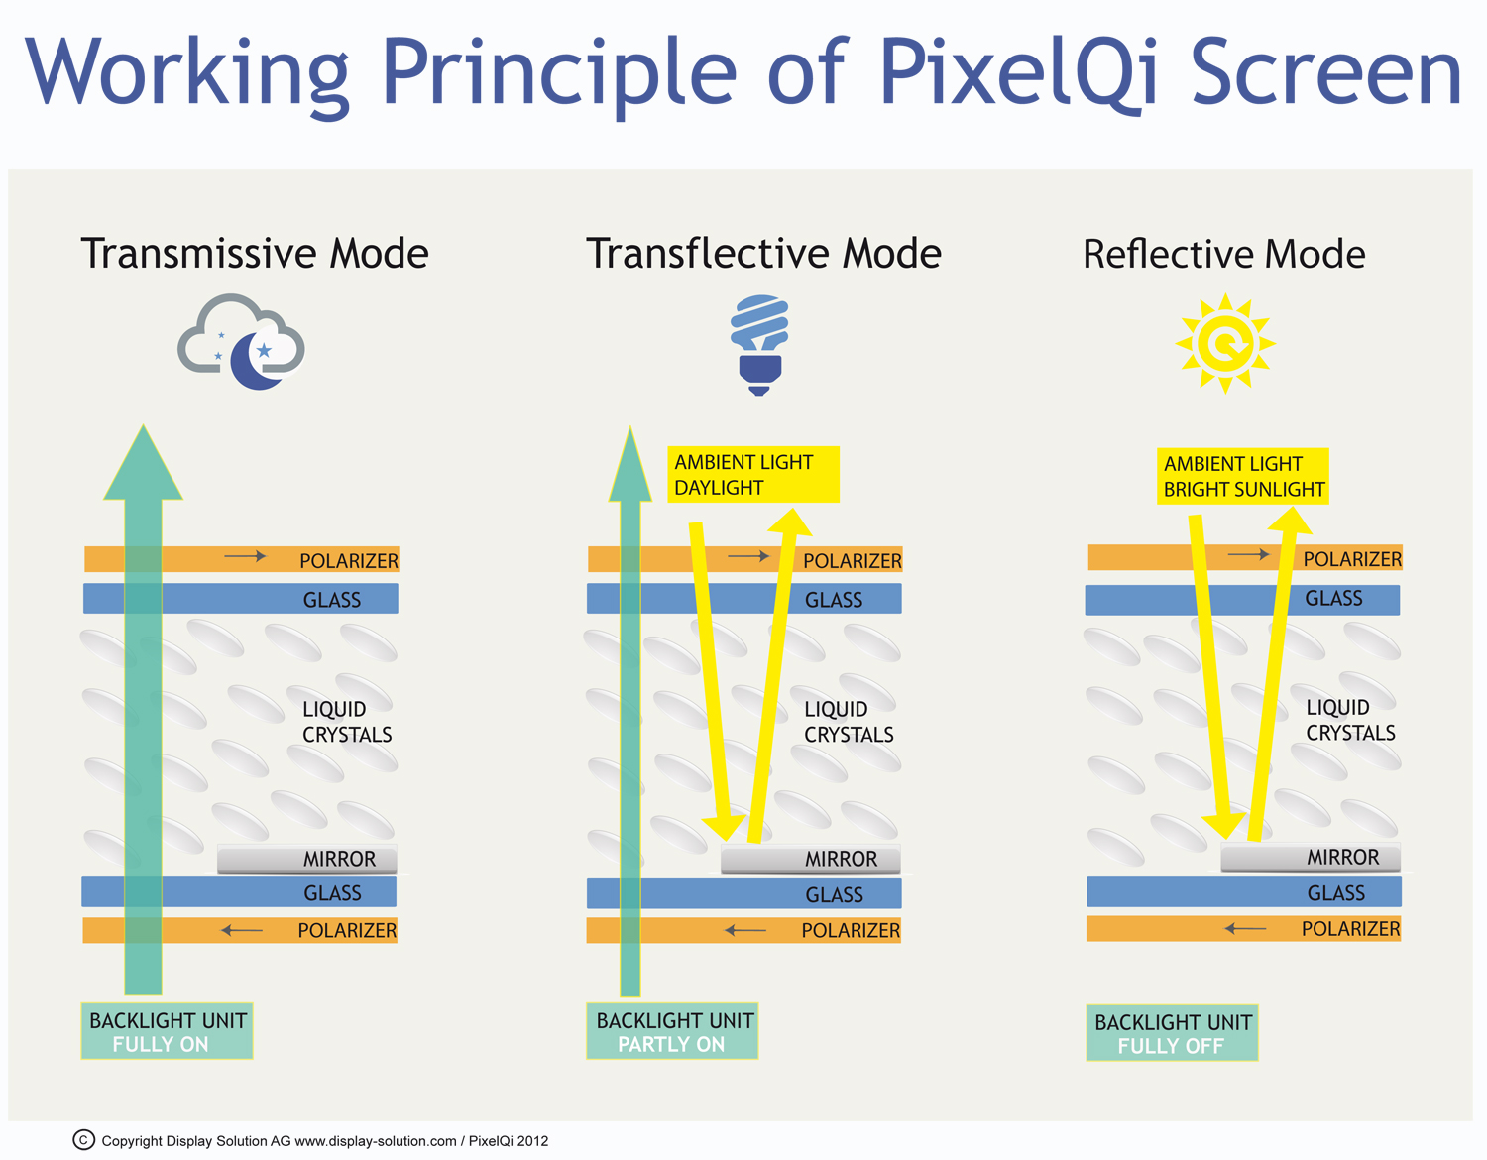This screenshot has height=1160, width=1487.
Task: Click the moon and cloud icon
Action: coord(242,342)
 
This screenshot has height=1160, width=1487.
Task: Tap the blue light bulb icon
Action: coord(759,343)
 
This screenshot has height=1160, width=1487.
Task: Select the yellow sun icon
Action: coord(1225,343)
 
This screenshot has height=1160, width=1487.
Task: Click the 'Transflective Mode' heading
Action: coord(763,254)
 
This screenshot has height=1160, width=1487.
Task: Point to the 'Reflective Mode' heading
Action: coord(1223,255)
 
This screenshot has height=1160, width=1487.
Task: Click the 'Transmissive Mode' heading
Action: coord(255,254)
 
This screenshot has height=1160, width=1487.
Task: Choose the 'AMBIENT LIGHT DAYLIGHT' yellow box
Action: coord(752,475)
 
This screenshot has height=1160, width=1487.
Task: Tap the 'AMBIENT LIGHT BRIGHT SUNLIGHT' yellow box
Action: coord(1243,477)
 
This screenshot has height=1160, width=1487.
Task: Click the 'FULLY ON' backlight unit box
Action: coord(167,1032)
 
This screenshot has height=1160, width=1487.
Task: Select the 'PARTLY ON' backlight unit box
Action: coord(672,1032)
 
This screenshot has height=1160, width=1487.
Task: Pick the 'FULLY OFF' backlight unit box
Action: coord(1172,1034)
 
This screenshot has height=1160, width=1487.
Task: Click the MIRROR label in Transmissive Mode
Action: coord(339,860)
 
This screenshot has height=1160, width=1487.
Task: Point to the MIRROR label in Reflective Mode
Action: coord(1342,858)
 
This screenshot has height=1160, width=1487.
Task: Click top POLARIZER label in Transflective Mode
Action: coord(853,561)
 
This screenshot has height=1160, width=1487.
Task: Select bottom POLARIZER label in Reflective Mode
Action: coord(1350,929)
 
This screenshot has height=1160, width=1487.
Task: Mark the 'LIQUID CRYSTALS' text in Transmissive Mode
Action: coord(347,722)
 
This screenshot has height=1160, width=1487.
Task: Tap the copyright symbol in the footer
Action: coord(84,1140)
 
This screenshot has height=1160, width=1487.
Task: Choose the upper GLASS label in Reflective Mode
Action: coord(1333,599)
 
